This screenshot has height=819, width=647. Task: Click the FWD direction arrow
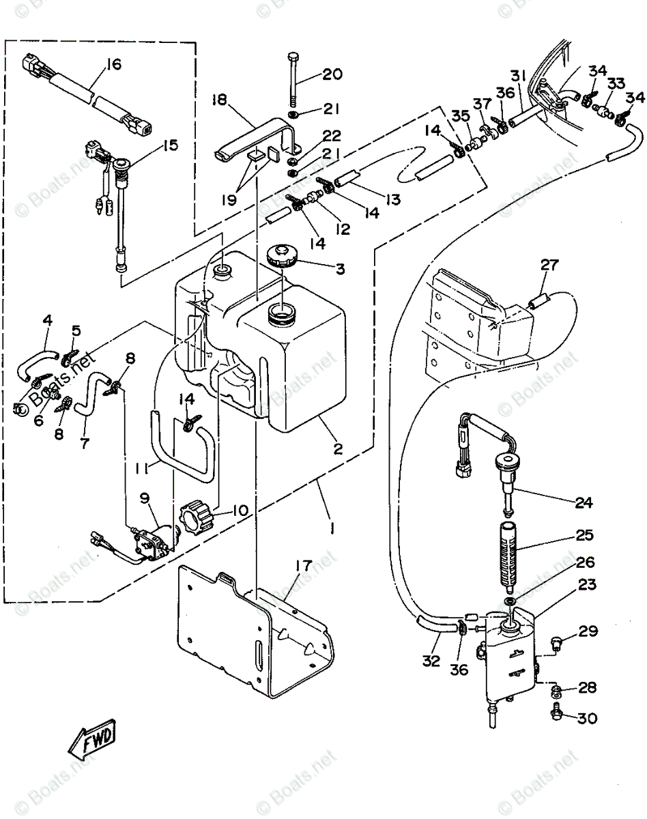coord(93,741)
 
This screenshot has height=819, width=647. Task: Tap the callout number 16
coord(113,65)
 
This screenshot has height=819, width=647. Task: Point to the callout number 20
coord(332,74)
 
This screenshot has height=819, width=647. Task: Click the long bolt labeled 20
coord(293,75)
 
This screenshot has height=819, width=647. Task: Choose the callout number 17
coord(302,566)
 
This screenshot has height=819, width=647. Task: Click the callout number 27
coord(550,265)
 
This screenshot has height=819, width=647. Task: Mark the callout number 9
coord(144,498)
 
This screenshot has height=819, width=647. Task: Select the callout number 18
coord(218,100)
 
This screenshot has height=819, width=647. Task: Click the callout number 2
coord(337,449)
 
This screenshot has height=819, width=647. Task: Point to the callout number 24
coord(584,504)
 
